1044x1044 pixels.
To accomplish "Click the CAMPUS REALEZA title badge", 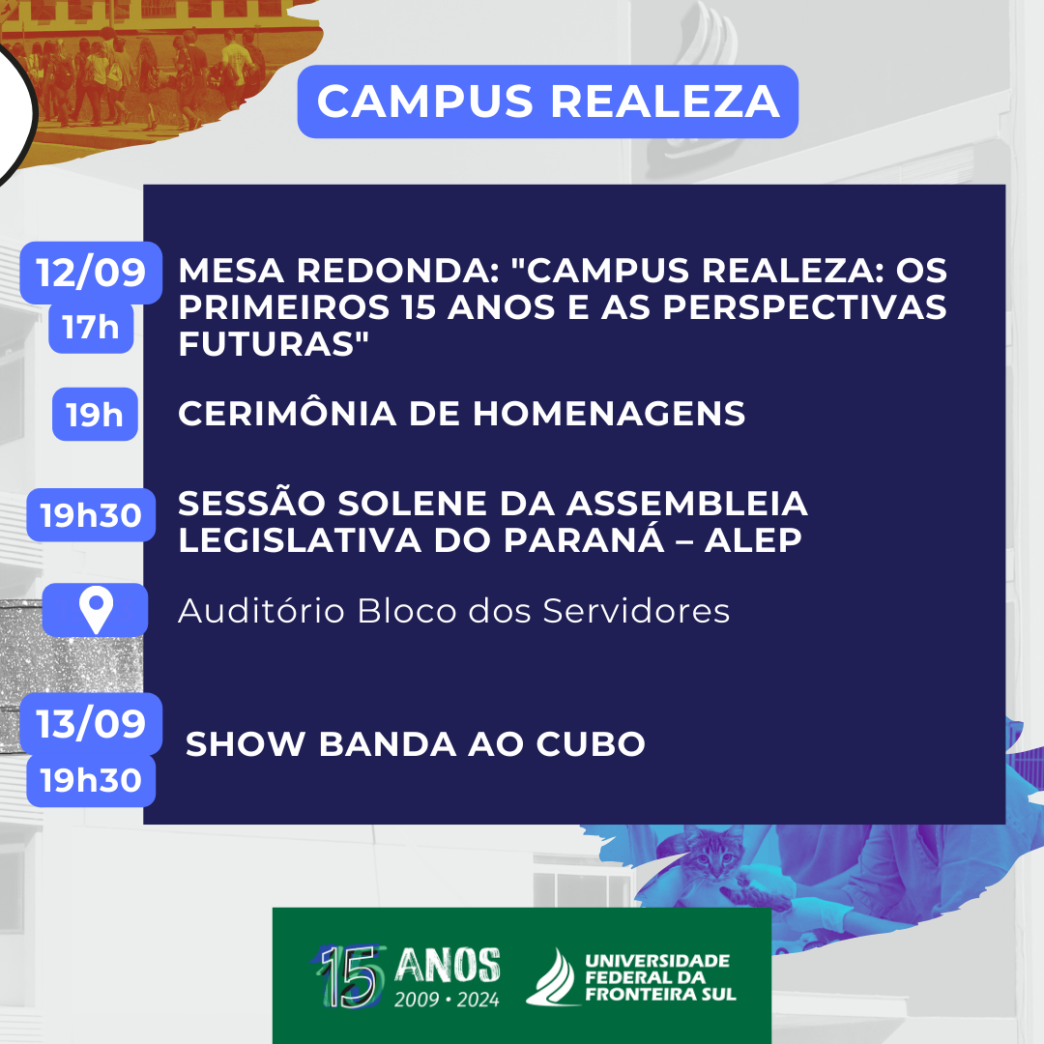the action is click(547, 101).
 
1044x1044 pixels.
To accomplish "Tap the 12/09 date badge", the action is click(91, 273).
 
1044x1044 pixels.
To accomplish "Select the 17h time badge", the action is click(91, 328).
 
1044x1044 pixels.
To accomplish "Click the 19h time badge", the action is click(95, 414).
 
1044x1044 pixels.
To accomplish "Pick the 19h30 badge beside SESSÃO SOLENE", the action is click(91, 515).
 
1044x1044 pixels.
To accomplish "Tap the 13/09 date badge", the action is click(91, 724).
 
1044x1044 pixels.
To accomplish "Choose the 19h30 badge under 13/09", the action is click(91, 780).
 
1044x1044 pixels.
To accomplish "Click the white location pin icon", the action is click(96, 609).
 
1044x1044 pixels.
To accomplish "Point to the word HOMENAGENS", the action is click(609, 414).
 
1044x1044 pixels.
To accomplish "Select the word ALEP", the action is click(753, 540).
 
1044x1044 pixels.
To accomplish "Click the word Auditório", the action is click(261, 610).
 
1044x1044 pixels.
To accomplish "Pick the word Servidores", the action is click(636, 611).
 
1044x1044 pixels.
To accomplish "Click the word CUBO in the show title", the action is click(591, 743).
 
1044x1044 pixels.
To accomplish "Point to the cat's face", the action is click(714, 855).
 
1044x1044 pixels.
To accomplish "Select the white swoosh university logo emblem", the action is click(551, 977).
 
